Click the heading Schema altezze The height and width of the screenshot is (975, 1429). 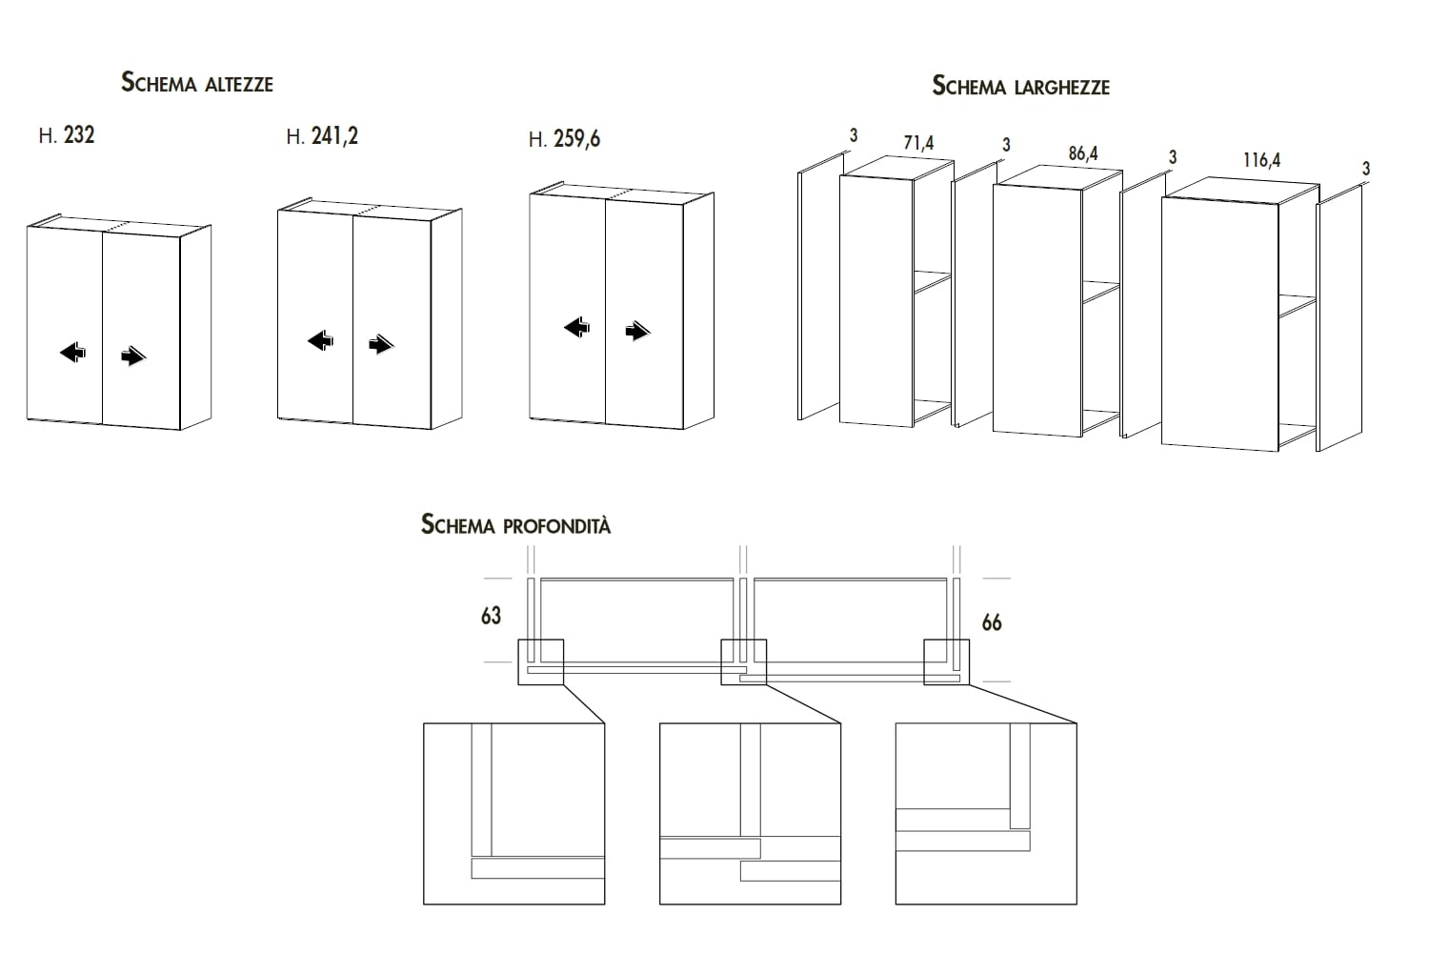tap(197, 83)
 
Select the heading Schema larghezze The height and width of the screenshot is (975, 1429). tap(1020, 87)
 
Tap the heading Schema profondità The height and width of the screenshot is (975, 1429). tap(515, 525)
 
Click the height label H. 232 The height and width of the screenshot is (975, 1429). tap(67, 135)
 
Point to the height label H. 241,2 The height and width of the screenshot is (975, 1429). tap(322, 137)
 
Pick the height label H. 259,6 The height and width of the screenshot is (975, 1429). tap(565, 139)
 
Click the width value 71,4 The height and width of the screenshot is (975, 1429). tap(918, 144)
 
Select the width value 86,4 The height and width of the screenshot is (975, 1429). tap(1082, 152)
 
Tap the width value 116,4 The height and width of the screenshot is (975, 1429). tap(1261, 160)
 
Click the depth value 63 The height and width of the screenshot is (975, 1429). tap(491, 617)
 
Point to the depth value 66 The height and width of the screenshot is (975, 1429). tap(992, 622)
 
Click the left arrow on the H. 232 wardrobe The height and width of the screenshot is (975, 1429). tap(72, 354)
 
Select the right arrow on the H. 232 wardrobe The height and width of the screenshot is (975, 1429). tap(134, 357)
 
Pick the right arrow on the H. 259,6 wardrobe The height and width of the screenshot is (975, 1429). tap(637, 332)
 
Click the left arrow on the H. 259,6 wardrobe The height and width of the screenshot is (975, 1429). tap(577, 328)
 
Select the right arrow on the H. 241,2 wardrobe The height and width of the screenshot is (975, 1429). tap(381, 345)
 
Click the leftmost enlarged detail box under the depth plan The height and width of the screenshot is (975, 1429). tap(514, 813)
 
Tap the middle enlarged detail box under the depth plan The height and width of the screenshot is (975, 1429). tap(750, 813)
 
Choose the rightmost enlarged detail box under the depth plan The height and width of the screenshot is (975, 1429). tap(986, 813)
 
